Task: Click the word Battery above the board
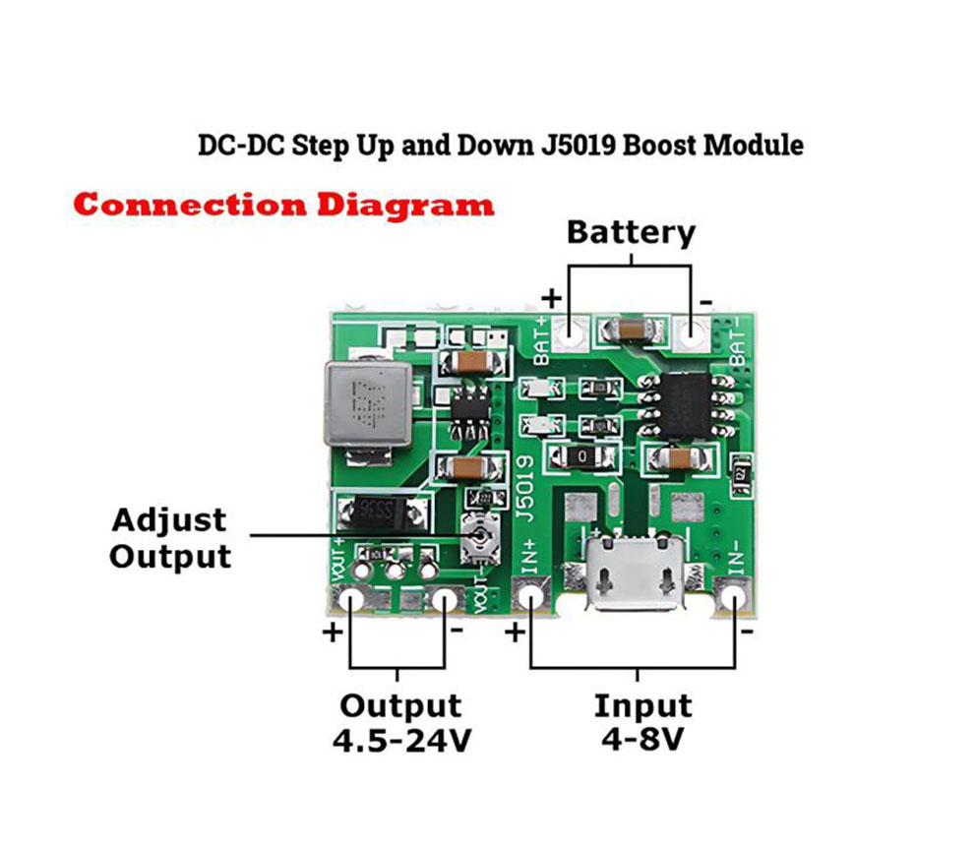631,233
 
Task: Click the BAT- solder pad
695,333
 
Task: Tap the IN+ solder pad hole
530,596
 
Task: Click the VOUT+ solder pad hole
350,599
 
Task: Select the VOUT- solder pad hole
448,599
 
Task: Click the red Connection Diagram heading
283,206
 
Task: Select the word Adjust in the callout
169,520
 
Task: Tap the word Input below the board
642,706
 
